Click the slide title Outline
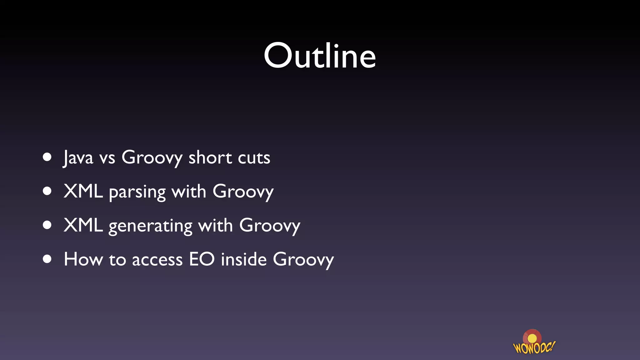(320, 56)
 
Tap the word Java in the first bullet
(78, 157)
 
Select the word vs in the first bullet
(107, 158)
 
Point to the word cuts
(254, 158)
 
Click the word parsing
(137, 192)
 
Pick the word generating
(150, 226)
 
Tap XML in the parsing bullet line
(83, 191)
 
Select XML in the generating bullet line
(83, 225)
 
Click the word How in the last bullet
(83, 259)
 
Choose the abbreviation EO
(202, 259)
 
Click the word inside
(244, 259)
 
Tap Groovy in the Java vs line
(152, 158)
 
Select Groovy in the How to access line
(303, 260)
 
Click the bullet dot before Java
(47, 157)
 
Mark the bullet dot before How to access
(47, 259)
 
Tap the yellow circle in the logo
(532, 339)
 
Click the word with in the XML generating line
(216, 225)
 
